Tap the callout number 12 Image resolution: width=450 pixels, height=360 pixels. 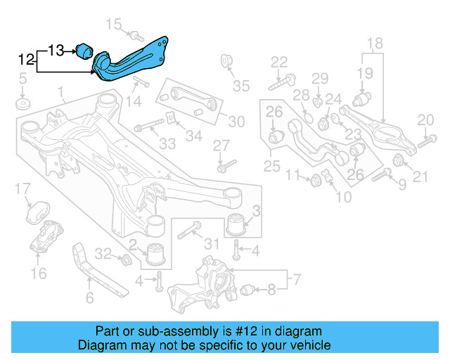[x=26, y=60]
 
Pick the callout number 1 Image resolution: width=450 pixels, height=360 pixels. [x=60, y=92]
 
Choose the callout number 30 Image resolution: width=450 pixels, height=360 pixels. [x=236, y=121]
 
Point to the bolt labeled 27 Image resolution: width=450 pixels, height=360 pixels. [x=224, y=167]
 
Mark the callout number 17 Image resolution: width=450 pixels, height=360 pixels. [x=23, y=188]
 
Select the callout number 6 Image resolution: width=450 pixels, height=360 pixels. [x=89, y=298]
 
